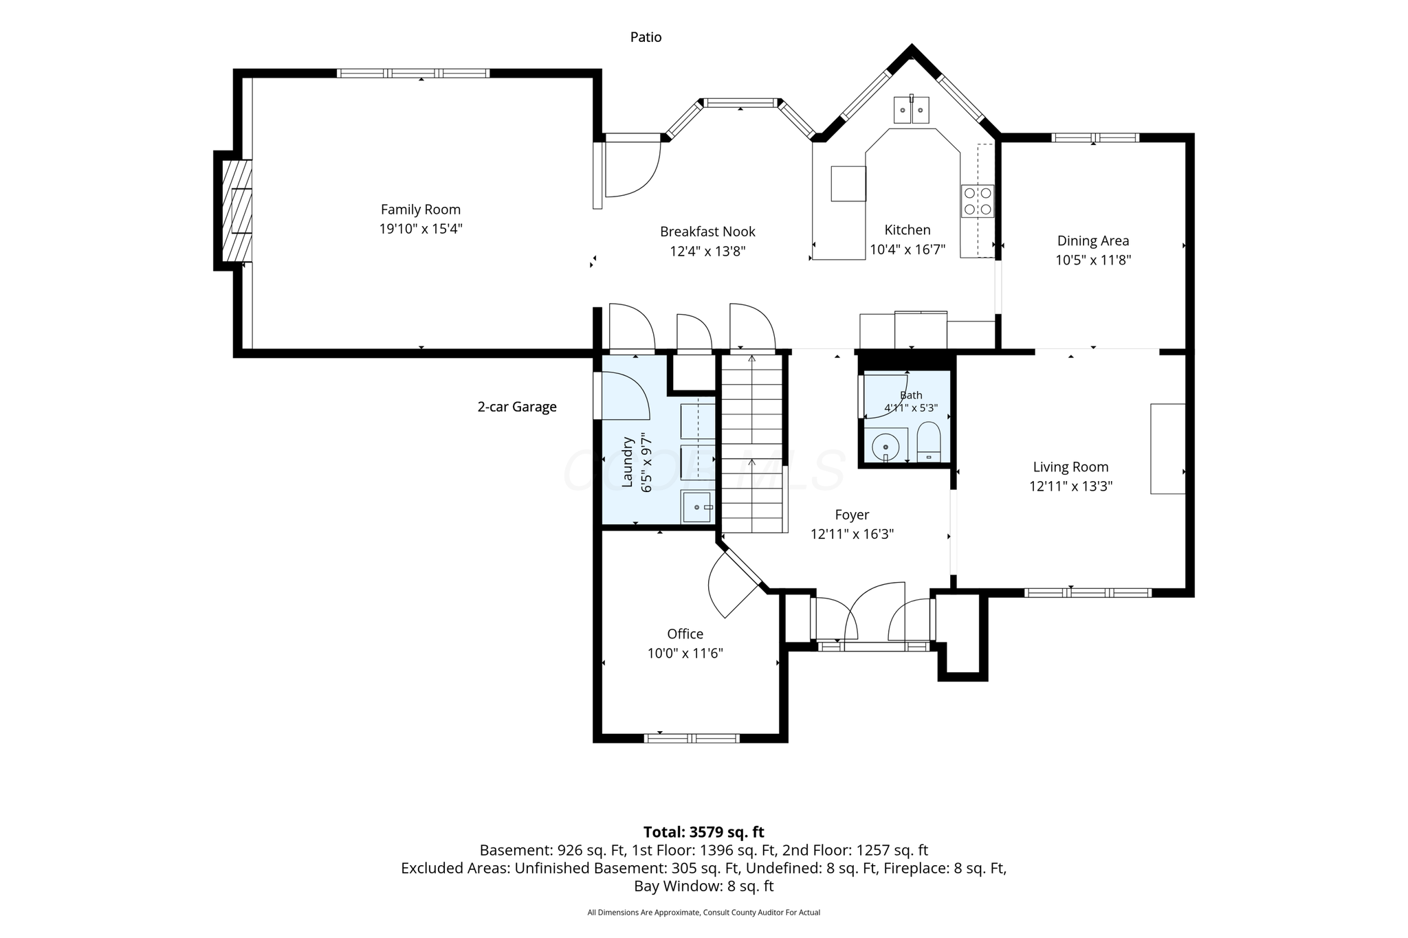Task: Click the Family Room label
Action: pos(421,210)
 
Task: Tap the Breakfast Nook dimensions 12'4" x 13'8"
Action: pos(707,252)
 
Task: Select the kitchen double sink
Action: pos(911,110)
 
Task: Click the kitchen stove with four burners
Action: pos(978,201)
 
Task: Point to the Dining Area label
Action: pos(1093,241)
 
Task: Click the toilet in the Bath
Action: pos(928,441)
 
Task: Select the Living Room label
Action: pos(1070,467)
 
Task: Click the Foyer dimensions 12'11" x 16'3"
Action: pos(852,534)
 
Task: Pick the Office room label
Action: pos(685,634)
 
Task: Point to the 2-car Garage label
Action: pos(517,407)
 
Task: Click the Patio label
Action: pos(646,37)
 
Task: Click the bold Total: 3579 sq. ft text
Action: pos(703,832)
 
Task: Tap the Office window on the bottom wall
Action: pos(692,738)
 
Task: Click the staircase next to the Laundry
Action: pos(752,443)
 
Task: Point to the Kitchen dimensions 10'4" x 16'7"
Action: pos(907,249)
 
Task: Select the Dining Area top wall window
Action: pos(1094,137)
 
